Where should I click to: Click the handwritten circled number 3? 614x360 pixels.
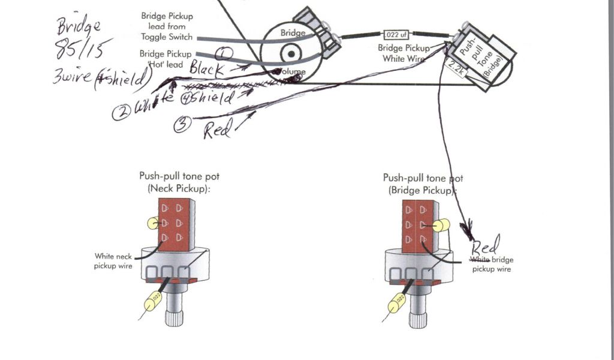(183, 125)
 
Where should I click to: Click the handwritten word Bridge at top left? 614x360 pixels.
(77, 26)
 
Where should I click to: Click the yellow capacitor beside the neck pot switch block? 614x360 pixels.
(152, 223)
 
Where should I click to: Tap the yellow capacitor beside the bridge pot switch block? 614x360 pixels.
(443, 226)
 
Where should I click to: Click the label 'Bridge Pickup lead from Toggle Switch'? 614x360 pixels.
(167, 26)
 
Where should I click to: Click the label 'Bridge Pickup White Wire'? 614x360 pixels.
(404, 53)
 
